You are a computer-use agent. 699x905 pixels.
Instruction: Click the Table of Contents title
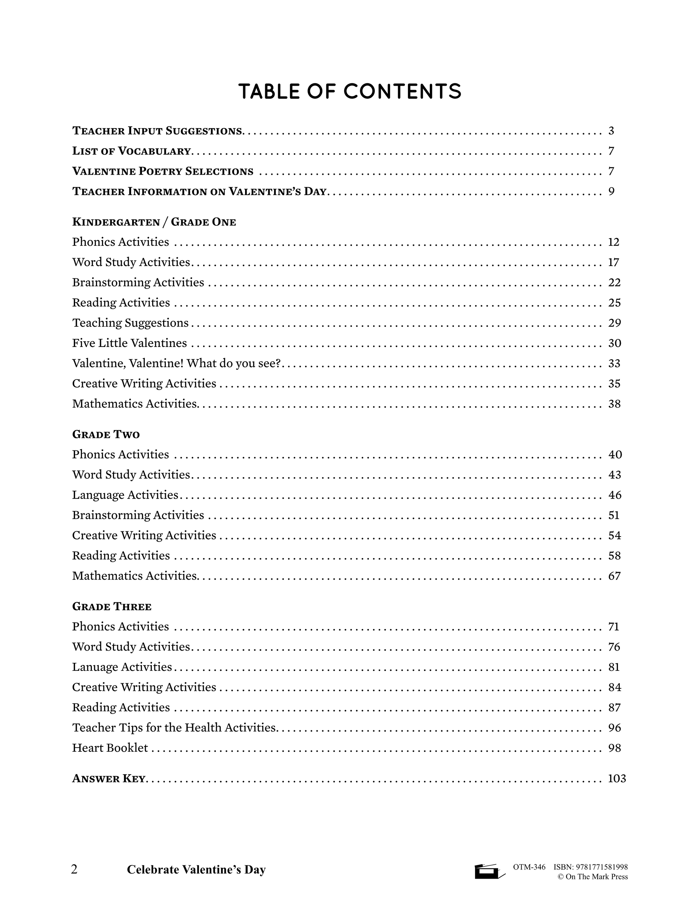point(349,92)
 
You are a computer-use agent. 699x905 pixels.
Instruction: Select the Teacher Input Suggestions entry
point(158,131)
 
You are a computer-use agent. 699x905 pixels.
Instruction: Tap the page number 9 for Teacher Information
point(611,192)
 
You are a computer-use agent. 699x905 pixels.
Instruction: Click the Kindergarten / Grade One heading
point(154,222)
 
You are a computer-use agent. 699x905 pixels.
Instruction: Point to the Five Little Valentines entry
point(129,343)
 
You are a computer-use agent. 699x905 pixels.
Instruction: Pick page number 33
point(614,363)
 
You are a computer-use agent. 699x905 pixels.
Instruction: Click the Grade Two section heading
point(106,435)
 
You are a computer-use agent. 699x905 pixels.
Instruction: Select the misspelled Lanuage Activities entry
point(122,667)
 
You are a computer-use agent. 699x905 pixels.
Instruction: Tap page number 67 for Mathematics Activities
point(614,576)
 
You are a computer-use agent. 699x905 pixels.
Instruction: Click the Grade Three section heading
point(112,607)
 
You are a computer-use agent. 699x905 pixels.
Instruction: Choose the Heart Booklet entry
point(110,748)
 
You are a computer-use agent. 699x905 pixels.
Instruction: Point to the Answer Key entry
point(109,779)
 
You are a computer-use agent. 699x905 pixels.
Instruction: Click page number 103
point(617,779)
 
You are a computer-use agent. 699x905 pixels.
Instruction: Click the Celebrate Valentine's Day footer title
point(196,869)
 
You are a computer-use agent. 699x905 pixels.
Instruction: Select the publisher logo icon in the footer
point(489,871)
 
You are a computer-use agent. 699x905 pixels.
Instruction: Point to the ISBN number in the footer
point(590,866)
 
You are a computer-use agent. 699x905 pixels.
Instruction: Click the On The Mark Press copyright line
point(593,876)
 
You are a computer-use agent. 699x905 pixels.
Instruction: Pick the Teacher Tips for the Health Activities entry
point(174,728)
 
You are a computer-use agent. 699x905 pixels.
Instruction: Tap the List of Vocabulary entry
point(131,151)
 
